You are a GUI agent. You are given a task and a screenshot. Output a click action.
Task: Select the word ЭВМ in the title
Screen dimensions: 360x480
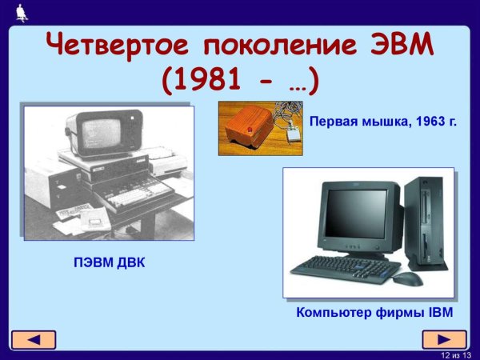click(398, 46)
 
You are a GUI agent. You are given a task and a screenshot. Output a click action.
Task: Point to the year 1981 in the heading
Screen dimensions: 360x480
click(210, 80)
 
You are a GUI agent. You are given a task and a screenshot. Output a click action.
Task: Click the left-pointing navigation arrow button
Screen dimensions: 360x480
click(33, 339)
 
